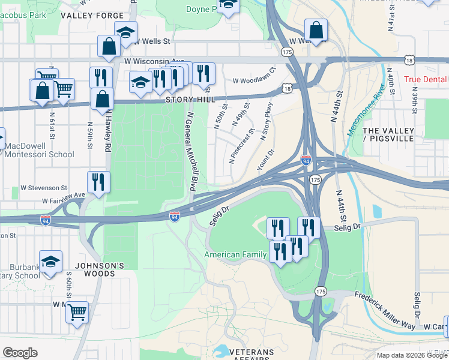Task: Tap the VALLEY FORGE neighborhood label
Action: pos(89,16)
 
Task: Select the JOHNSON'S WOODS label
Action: pos(99,269)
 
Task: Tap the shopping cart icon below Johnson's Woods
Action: pos(77,312)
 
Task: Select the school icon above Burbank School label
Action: pos(51,261)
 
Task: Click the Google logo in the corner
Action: pos(20,353)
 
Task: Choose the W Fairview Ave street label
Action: pos(64,199)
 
